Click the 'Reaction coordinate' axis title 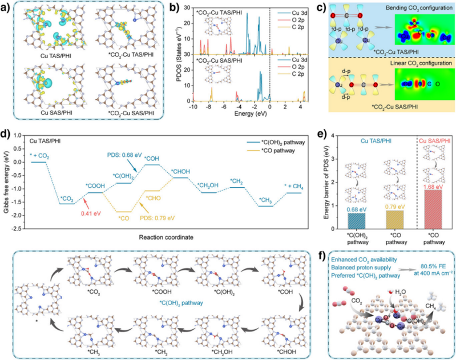(168, 236)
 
